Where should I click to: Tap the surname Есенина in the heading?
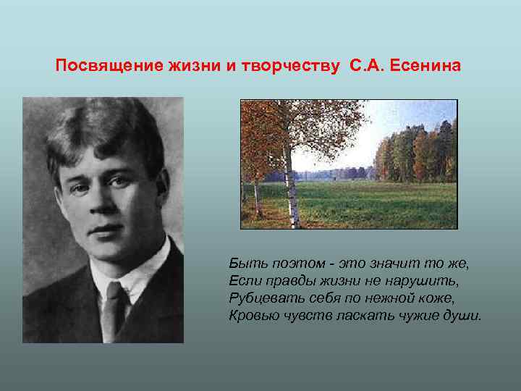click(425, 67)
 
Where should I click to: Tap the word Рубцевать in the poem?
click(260, 298)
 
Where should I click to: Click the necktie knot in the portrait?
click(114, 292)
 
